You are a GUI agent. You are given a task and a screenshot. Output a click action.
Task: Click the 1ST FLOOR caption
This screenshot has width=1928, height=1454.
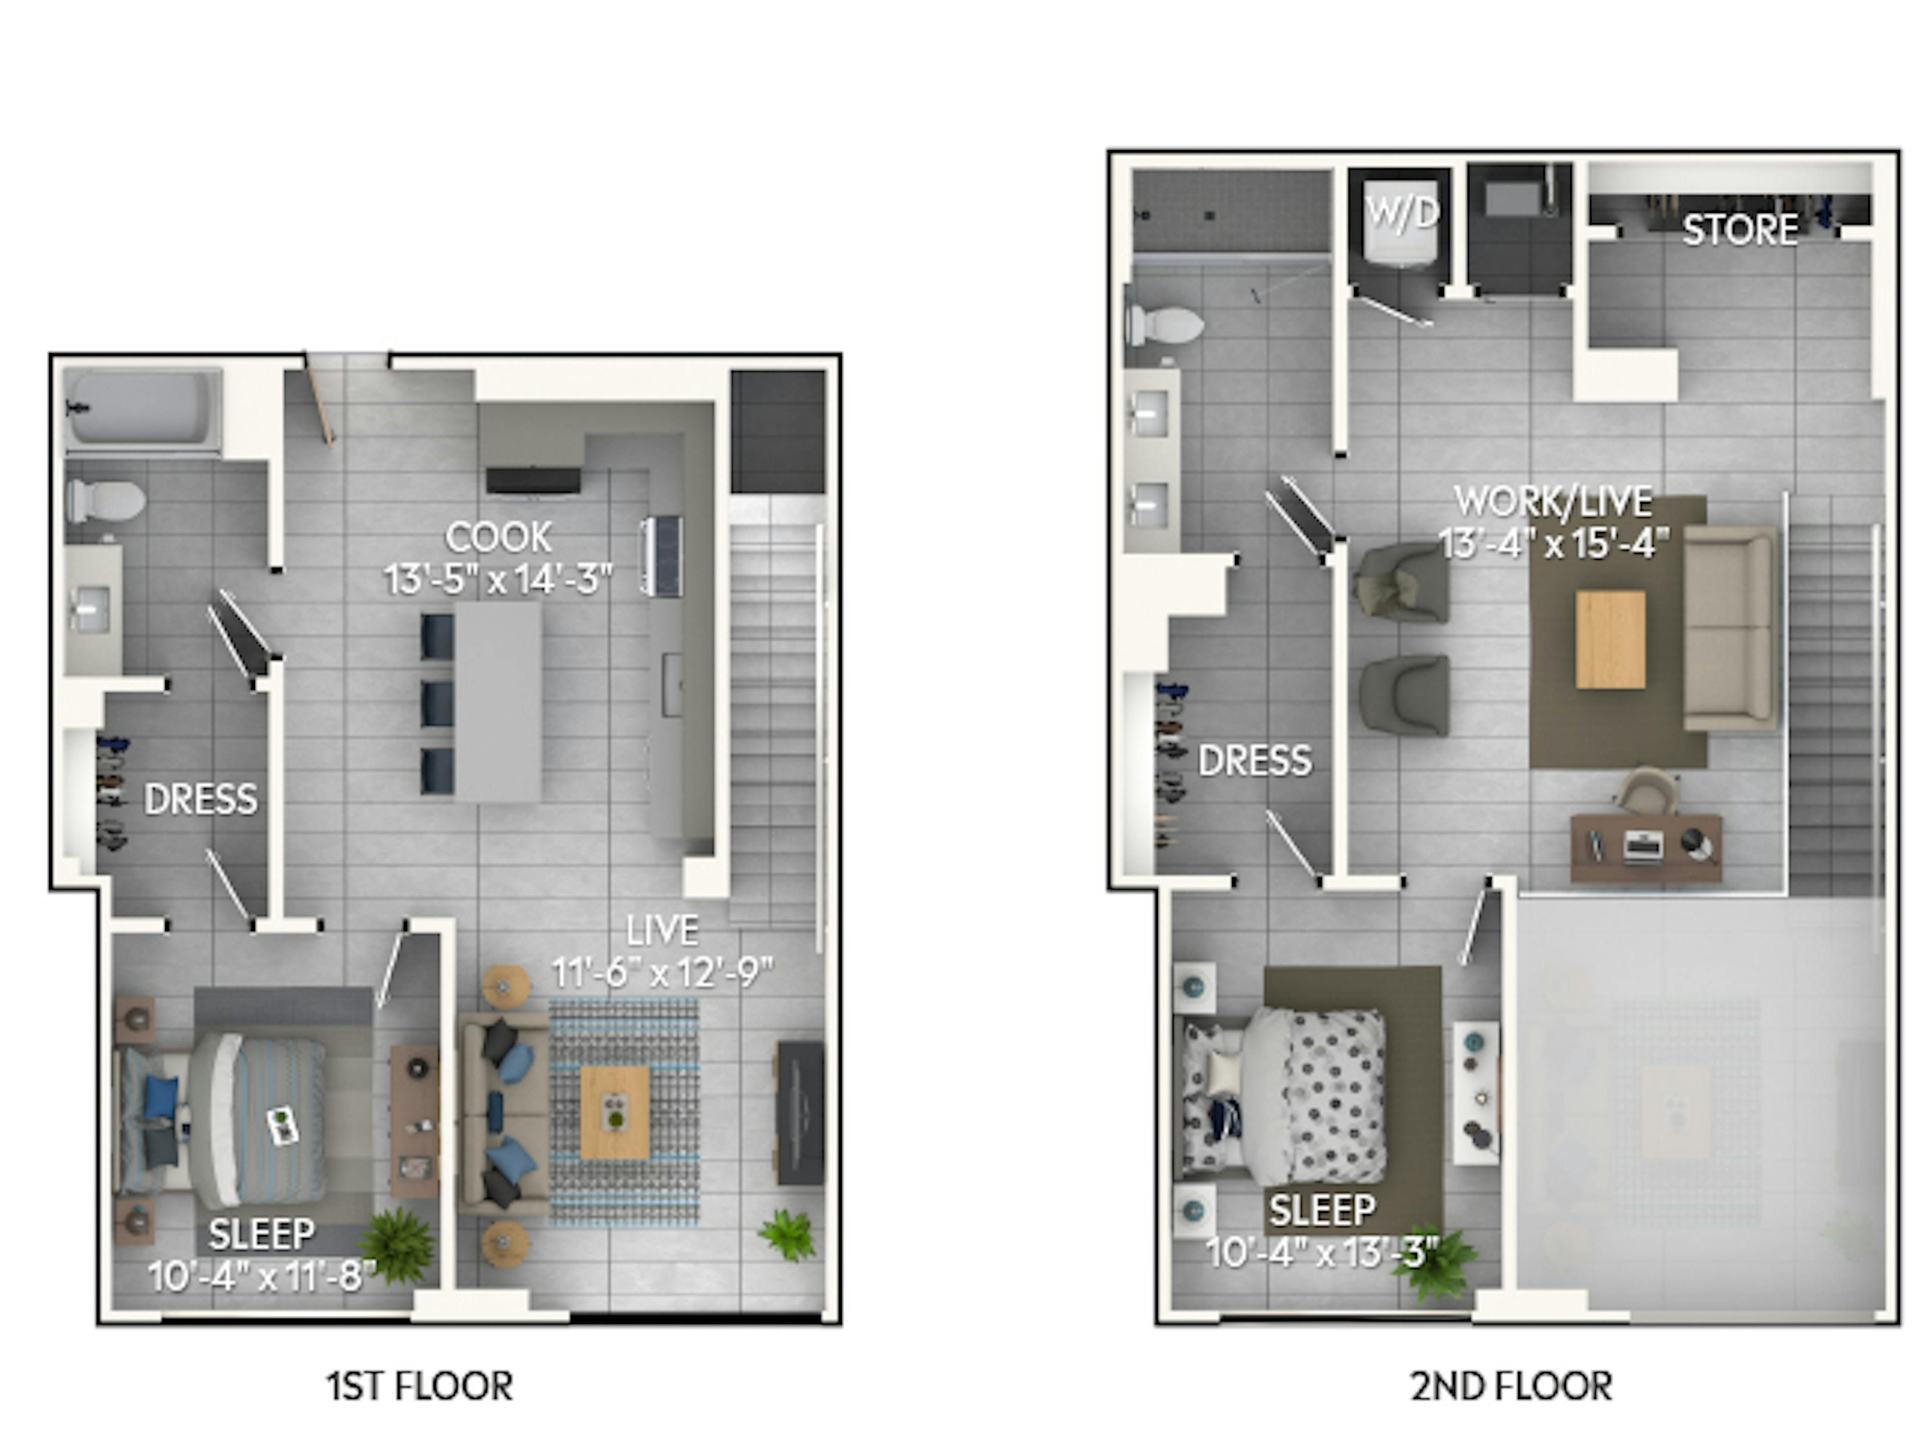[419, 1386]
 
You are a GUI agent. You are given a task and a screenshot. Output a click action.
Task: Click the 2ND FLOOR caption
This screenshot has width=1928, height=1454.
[1511, 1386]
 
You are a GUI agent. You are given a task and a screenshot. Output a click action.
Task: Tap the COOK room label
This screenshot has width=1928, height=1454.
[499, 537]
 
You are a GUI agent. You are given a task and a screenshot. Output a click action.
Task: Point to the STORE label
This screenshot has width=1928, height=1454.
[1740, 230]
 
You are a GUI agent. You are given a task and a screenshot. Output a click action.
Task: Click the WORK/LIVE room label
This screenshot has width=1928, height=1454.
[1553, 501]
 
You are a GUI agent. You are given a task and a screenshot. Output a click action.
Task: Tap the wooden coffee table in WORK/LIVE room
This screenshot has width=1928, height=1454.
[1611, 640]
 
